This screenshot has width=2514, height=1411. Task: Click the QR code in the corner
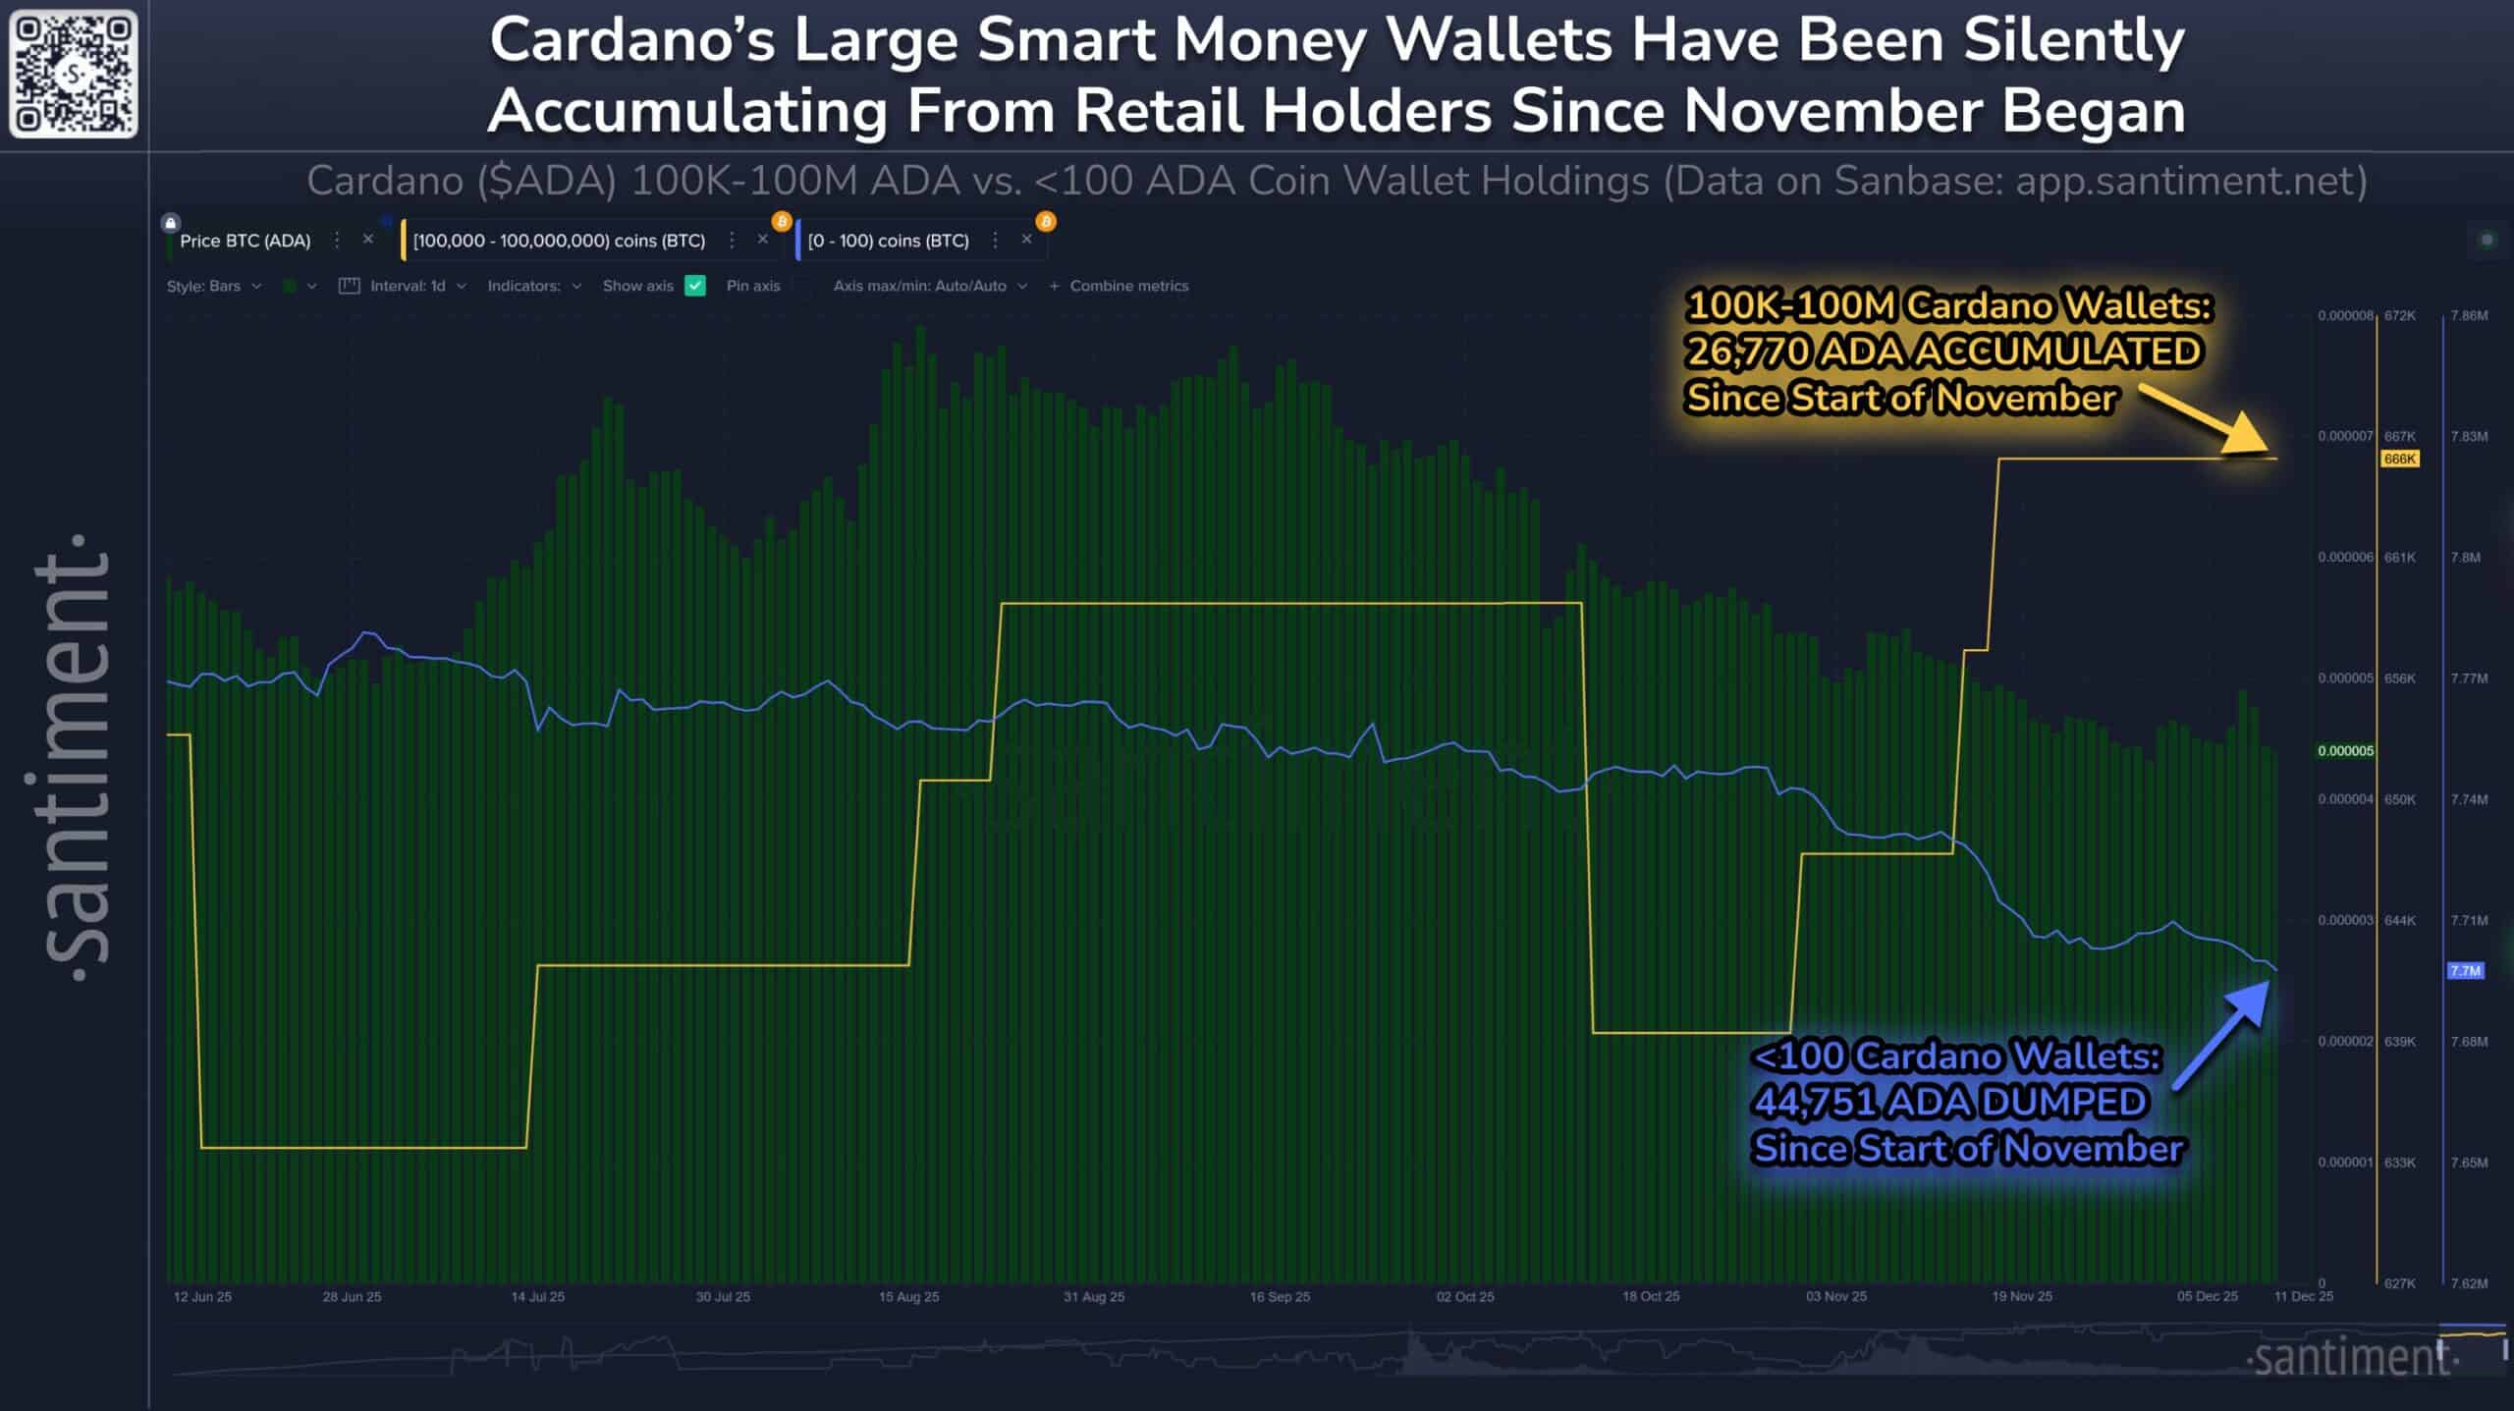pyautogui.click(x=74, y=74)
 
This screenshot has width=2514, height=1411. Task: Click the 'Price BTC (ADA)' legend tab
pyautogui.click(x=245, y=241)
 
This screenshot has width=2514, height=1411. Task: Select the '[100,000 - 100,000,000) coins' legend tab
pyautogui.click(x=559, y=241)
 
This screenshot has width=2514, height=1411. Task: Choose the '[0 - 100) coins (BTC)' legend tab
pyautogui.click(x=888, y=241)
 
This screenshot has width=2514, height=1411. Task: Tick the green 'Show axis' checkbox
pyautogui.click(x=695, y=286)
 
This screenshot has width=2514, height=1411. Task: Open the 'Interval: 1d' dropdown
pyautogui.click(x=408, y=286)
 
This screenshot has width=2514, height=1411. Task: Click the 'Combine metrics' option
pyautogui.click(x=1127, y=286)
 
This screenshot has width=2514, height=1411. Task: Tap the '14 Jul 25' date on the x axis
pyautogui.click(x=537, y=1296)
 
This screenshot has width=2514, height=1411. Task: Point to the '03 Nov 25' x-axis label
pyautogui.click(x=1835, y=1296)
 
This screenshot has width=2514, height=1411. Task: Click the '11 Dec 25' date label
pyautogui.click(x=2303, y=1296)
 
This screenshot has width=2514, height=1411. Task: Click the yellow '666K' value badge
pyautogui.click(x=2399, y=459)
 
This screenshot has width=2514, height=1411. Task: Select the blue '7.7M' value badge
pyautogui.click(x=2465, y=970)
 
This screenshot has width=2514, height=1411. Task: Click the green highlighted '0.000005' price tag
pyautogui.click(x=2345, y=750)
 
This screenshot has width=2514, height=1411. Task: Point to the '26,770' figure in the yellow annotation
pyautogui.click(x=1747, y=352)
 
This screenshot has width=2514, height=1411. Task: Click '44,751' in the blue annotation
pyautogui.click(x=1816, y=1102)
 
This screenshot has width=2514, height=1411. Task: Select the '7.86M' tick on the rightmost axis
pyautogui.click(x=2469, y=315)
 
